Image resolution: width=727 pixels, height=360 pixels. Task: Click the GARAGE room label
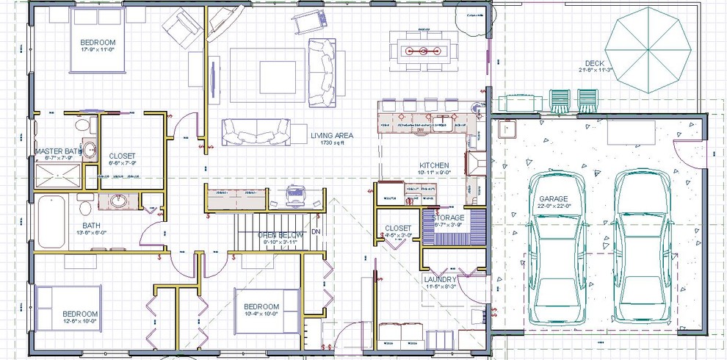554,199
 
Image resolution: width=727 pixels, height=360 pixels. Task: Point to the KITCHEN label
434,165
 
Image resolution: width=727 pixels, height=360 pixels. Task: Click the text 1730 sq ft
332,143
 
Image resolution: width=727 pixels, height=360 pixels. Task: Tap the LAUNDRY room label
441,280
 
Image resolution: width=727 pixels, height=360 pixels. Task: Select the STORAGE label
447,218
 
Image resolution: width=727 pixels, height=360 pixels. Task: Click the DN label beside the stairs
316,231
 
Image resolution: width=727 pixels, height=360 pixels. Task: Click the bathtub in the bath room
50,221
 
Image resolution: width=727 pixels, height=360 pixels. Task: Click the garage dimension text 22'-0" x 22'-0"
554,208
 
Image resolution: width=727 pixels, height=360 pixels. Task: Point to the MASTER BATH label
57,151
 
